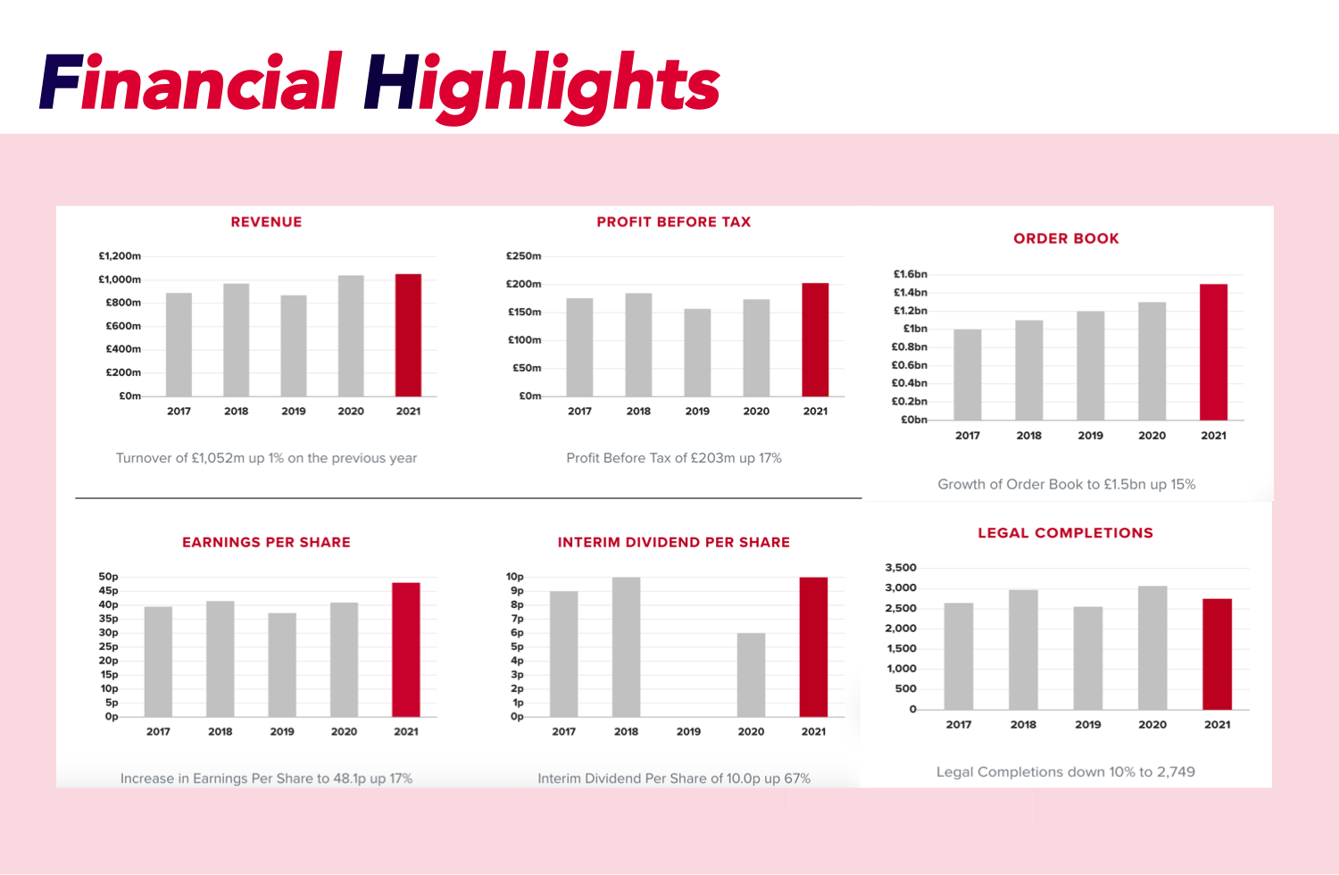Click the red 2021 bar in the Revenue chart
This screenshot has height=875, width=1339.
(x=408, y=335)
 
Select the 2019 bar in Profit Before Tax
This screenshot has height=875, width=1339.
(x=697, y=353)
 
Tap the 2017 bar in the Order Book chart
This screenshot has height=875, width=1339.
(x=968, y=375)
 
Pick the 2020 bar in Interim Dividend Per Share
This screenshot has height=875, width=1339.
(x=751, y=675)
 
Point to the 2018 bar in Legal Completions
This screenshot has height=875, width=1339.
(x=1023, y=650)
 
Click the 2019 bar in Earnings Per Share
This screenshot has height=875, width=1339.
(x=282, y=665)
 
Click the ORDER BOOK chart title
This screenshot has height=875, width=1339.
(x=1066, y=238)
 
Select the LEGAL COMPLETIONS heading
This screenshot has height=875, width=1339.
(x=1065, y=533)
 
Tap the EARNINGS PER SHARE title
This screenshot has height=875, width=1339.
(x=266, y=542)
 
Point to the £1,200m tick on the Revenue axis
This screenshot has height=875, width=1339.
(x=120, y=256)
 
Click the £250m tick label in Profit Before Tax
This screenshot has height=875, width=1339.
(x=524, y=256)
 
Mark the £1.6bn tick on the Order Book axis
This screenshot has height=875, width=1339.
(x=911, y=274)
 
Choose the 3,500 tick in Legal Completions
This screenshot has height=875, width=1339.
(x=901, y=568)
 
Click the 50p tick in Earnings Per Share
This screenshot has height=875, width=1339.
(x=108, y=577)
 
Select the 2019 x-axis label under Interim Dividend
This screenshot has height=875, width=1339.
(x=688, y=731)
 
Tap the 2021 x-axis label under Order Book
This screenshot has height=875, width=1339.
(x=1213, y=436)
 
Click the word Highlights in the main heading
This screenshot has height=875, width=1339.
(x=542, y=85)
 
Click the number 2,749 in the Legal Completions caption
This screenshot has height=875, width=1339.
(x=1176, y=771)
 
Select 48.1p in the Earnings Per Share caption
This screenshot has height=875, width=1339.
(x=349, y=779)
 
